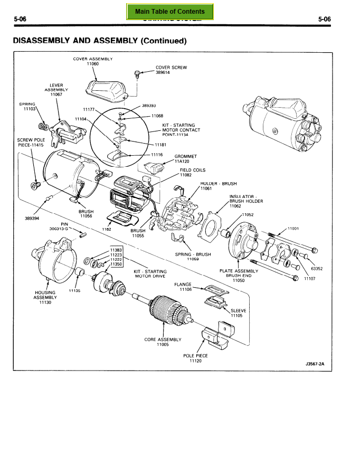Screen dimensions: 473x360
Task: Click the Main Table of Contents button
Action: tap(169, 11)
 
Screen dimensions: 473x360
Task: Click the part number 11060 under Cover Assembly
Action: tap(92, 64)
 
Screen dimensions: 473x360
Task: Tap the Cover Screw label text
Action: tap(171, 68)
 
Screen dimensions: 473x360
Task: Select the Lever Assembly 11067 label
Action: tap(56, 89)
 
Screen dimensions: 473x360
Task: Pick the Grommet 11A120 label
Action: tap(185, 159)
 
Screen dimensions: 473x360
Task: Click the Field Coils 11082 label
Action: tap(192, 172)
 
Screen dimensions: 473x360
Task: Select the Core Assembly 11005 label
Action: tap(163, 342)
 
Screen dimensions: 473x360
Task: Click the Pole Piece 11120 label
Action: tap(195, 358)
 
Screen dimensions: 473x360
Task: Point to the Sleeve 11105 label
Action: tap(236, 313)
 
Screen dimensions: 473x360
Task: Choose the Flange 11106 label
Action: tap(185, 287)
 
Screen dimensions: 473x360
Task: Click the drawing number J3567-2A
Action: tap(315, 364)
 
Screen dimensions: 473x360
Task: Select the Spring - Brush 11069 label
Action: tap(193, 257)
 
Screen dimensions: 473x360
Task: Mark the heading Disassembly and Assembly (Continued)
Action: tap(100, 40)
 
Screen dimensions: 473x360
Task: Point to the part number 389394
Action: tap(33, 217)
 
